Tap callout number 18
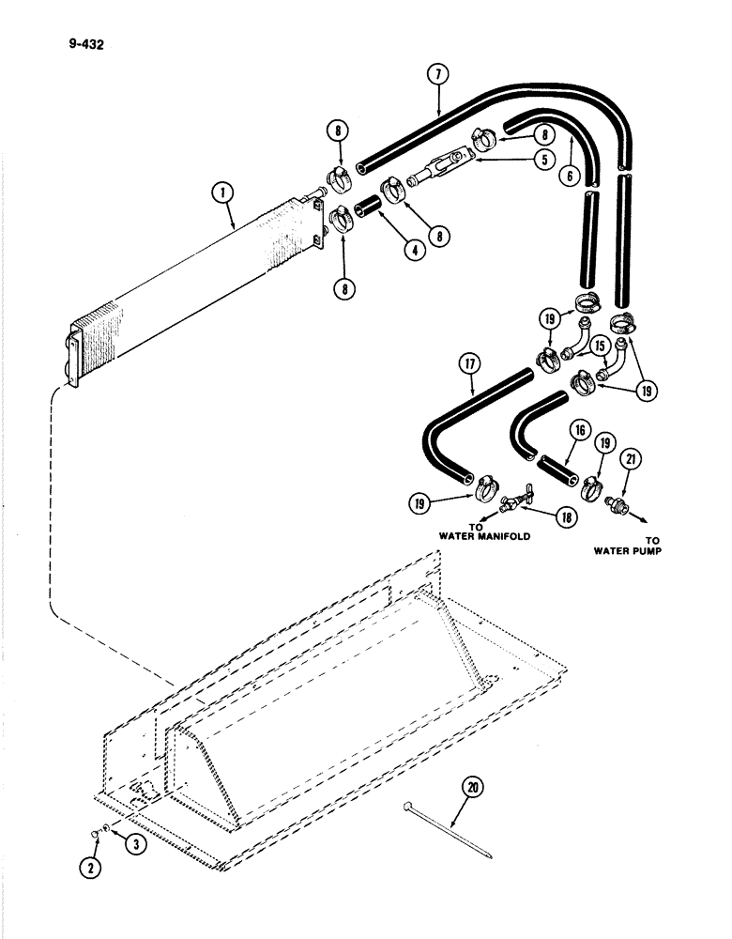[538, 516]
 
